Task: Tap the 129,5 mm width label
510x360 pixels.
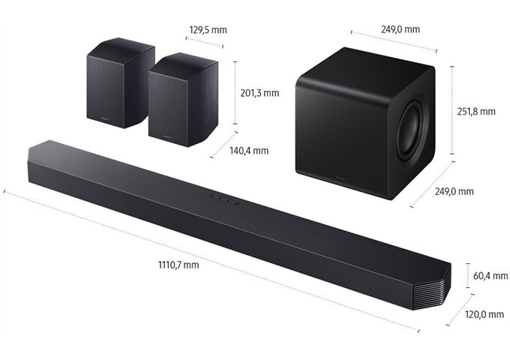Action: (x=208, y=30)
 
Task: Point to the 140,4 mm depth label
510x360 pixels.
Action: (x=249, y=151)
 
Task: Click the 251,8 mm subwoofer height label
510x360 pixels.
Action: (x=476, y=111)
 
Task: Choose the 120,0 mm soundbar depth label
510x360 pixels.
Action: (x=484, y=314)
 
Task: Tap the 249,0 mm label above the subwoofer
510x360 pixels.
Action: (x=400, y=29)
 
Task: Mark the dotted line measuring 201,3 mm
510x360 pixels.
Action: (x=235, y=93)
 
